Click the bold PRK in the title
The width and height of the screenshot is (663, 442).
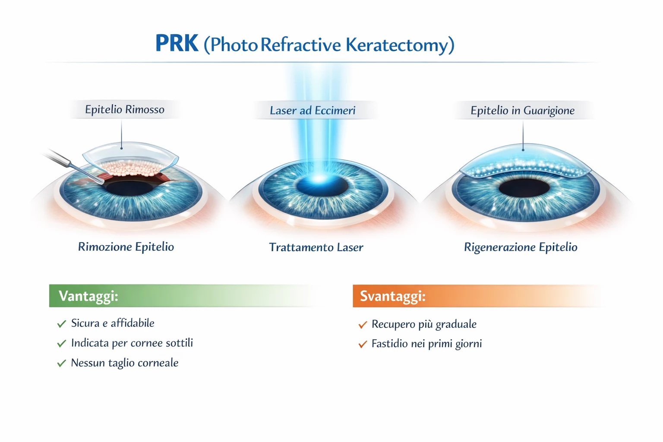coord(177,43)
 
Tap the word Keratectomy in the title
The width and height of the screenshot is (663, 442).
coord(397,45)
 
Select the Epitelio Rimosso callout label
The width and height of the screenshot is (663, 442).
coord(125,110)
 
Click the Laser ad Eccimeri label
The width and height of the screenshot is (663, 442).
coord(312,110)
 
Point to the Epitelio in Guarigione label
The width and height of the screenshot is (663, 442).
coord(522,110)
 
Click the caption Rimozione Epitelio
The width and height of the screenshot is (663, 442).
coord(126,247)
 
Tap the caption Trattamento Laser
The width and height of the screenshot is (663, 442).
coord(316,247)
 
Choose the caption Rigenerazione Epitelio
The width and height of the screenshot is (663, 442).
coord(520,247)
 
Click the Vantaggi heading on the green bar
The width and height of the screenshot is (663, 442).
coord(88,296)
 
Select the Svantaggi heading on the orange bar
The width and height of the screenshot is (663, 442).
coord(392,296)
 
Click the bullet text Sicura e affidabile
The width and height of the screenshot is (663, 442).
coord(113,323)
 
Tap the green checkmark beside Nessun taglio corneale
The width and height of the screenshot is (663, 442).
coord(62,363)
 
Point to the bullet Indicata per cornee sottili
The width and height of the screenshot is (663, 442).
coord(132,343)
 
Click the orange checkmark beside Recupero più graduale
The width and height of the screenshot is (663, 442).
coord(363,325)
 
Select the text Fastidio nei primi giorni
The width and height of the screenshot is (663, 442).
coord(426,344)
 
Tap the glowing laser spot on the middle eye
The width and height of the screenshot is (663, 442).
coord(319,179)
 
